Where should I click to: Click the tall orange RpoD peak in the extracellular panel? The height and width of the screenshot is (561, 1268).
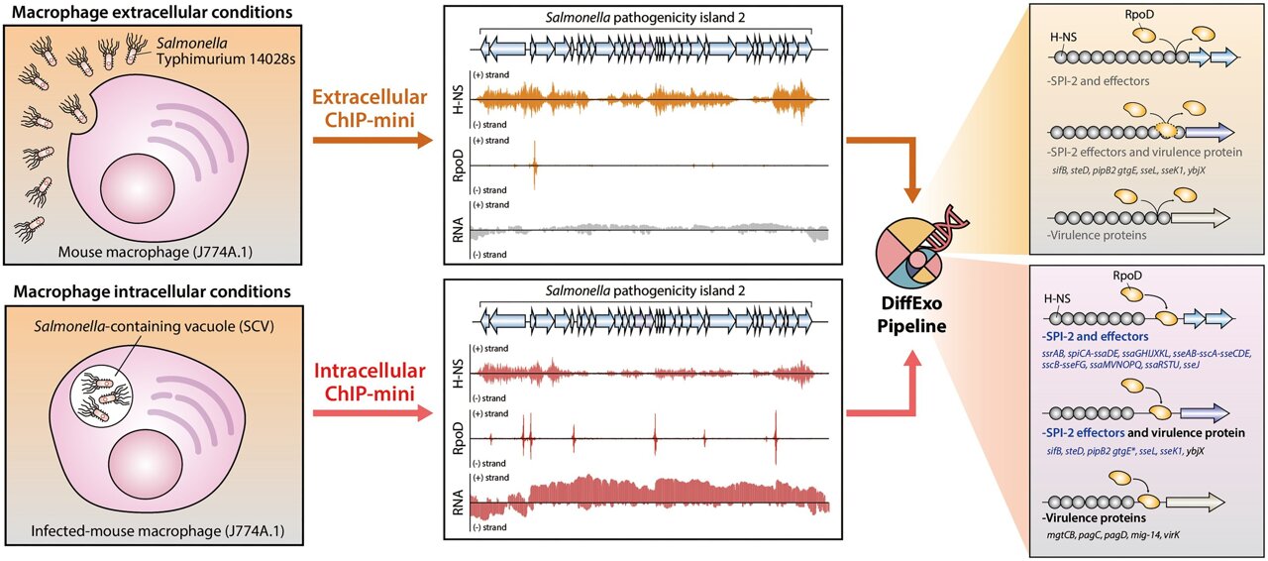[534, 159]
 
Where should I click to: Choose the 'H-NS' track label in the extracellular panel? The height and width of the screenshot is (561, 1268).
[457, 97]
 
